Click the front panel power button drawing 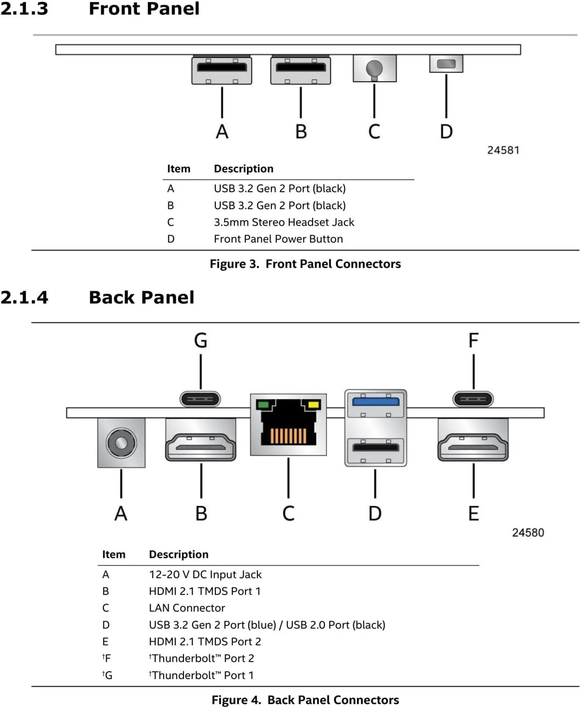coord(446,64)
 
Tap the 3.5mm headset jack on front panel coord(374,69)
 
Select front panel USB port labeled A coord(222,70)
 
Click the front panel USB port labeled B coord(300,70)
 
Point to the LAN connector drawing coord(288,425)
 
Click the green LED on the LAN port coord(263,405)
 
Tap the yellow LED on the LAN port coord(313,405)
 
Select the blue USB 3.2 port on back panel coord(376,401)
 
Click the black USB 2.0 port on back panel coord(376,447)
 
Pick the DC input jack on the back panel coord(121,442)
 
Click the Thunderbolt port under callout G coord(200,399)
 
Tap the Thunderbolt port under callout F coord(473,399)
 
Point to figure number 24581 coord(503,150)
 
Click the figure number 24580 coord(527,533)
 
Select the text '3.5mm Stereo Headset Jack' coord(283,222)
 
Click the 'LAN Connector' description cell coord(187,608)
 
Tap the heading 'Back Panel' coord(142,297)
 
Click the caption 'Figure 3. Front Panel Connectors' coord(305,264)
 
